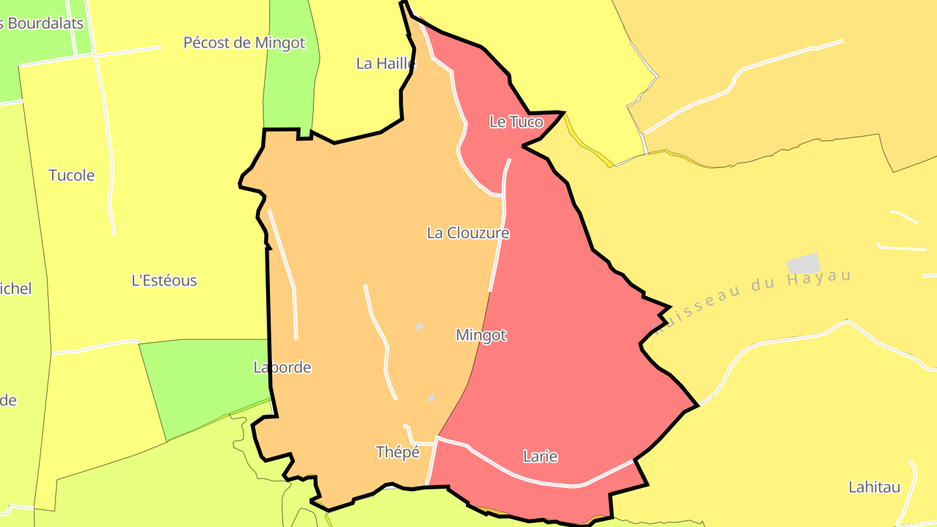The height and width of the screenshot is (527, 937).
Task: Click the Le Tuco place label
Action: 516,122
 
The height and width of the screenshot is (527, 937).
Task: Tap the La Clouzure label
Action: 468,233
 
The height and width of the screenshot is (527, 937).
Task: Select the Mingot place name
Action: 481,335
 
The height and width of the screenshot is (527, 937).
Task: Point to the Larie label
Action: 540,457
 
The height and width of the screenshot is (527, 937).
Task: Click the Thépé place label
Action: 398,452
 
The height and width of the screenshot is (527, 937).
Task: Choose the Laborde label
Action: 282,368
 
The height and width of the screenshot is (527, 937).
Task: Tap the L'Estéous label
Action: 164,280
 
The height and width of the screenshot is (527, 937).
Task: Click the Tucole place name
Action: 72,175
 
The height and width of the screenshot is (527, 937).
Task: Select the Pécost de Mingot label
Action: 244,43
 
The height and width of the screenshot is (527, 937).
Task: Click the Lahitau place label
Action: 874,487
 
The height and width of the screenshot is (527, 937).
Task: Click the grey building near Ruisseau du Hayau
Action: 804,263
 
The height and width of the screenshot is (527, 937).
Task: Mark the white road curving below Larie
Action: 553,481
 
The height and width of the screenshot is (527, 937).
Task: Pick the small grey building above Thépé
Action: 431,398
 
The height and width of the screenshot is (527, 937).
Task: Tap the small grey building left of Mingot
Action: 420,326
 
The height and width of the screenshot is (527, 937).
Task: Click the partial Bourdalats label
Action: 42,23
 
